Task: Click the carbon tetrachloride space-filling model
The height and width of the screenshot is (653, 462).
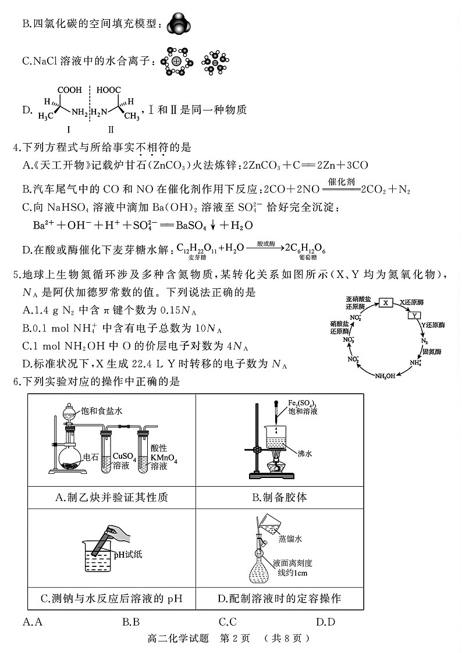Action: pos(179,24)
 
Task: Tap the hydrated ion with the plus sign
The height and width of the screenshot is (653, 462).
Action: pos(176,61)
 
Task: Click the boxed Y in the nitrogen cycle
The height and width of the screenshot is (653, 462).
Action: pos(414,315)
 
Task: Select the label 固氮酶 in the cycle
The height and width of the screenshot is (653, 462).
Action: pos(432,352)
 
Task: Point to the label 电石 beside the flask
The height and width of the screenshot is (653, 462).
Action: pos(90,458)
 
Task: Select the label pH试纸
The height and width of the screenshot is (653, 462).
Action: pos(127,554)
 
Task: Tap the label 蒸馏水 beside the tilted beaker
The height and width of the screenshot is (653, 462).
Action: pos(290,538)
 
